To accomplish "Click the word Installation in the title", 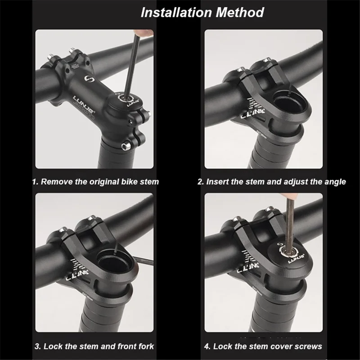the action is [176, 13].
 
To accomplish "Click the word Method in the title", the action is [240, 13].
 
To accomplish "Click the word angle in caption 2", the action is [335, 182].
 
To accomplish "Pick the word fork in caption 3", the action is [146, 346].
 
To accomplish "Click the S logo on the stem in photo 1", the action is [88, 79].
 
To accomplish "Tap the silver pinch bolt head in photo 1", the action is [125, 146].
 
